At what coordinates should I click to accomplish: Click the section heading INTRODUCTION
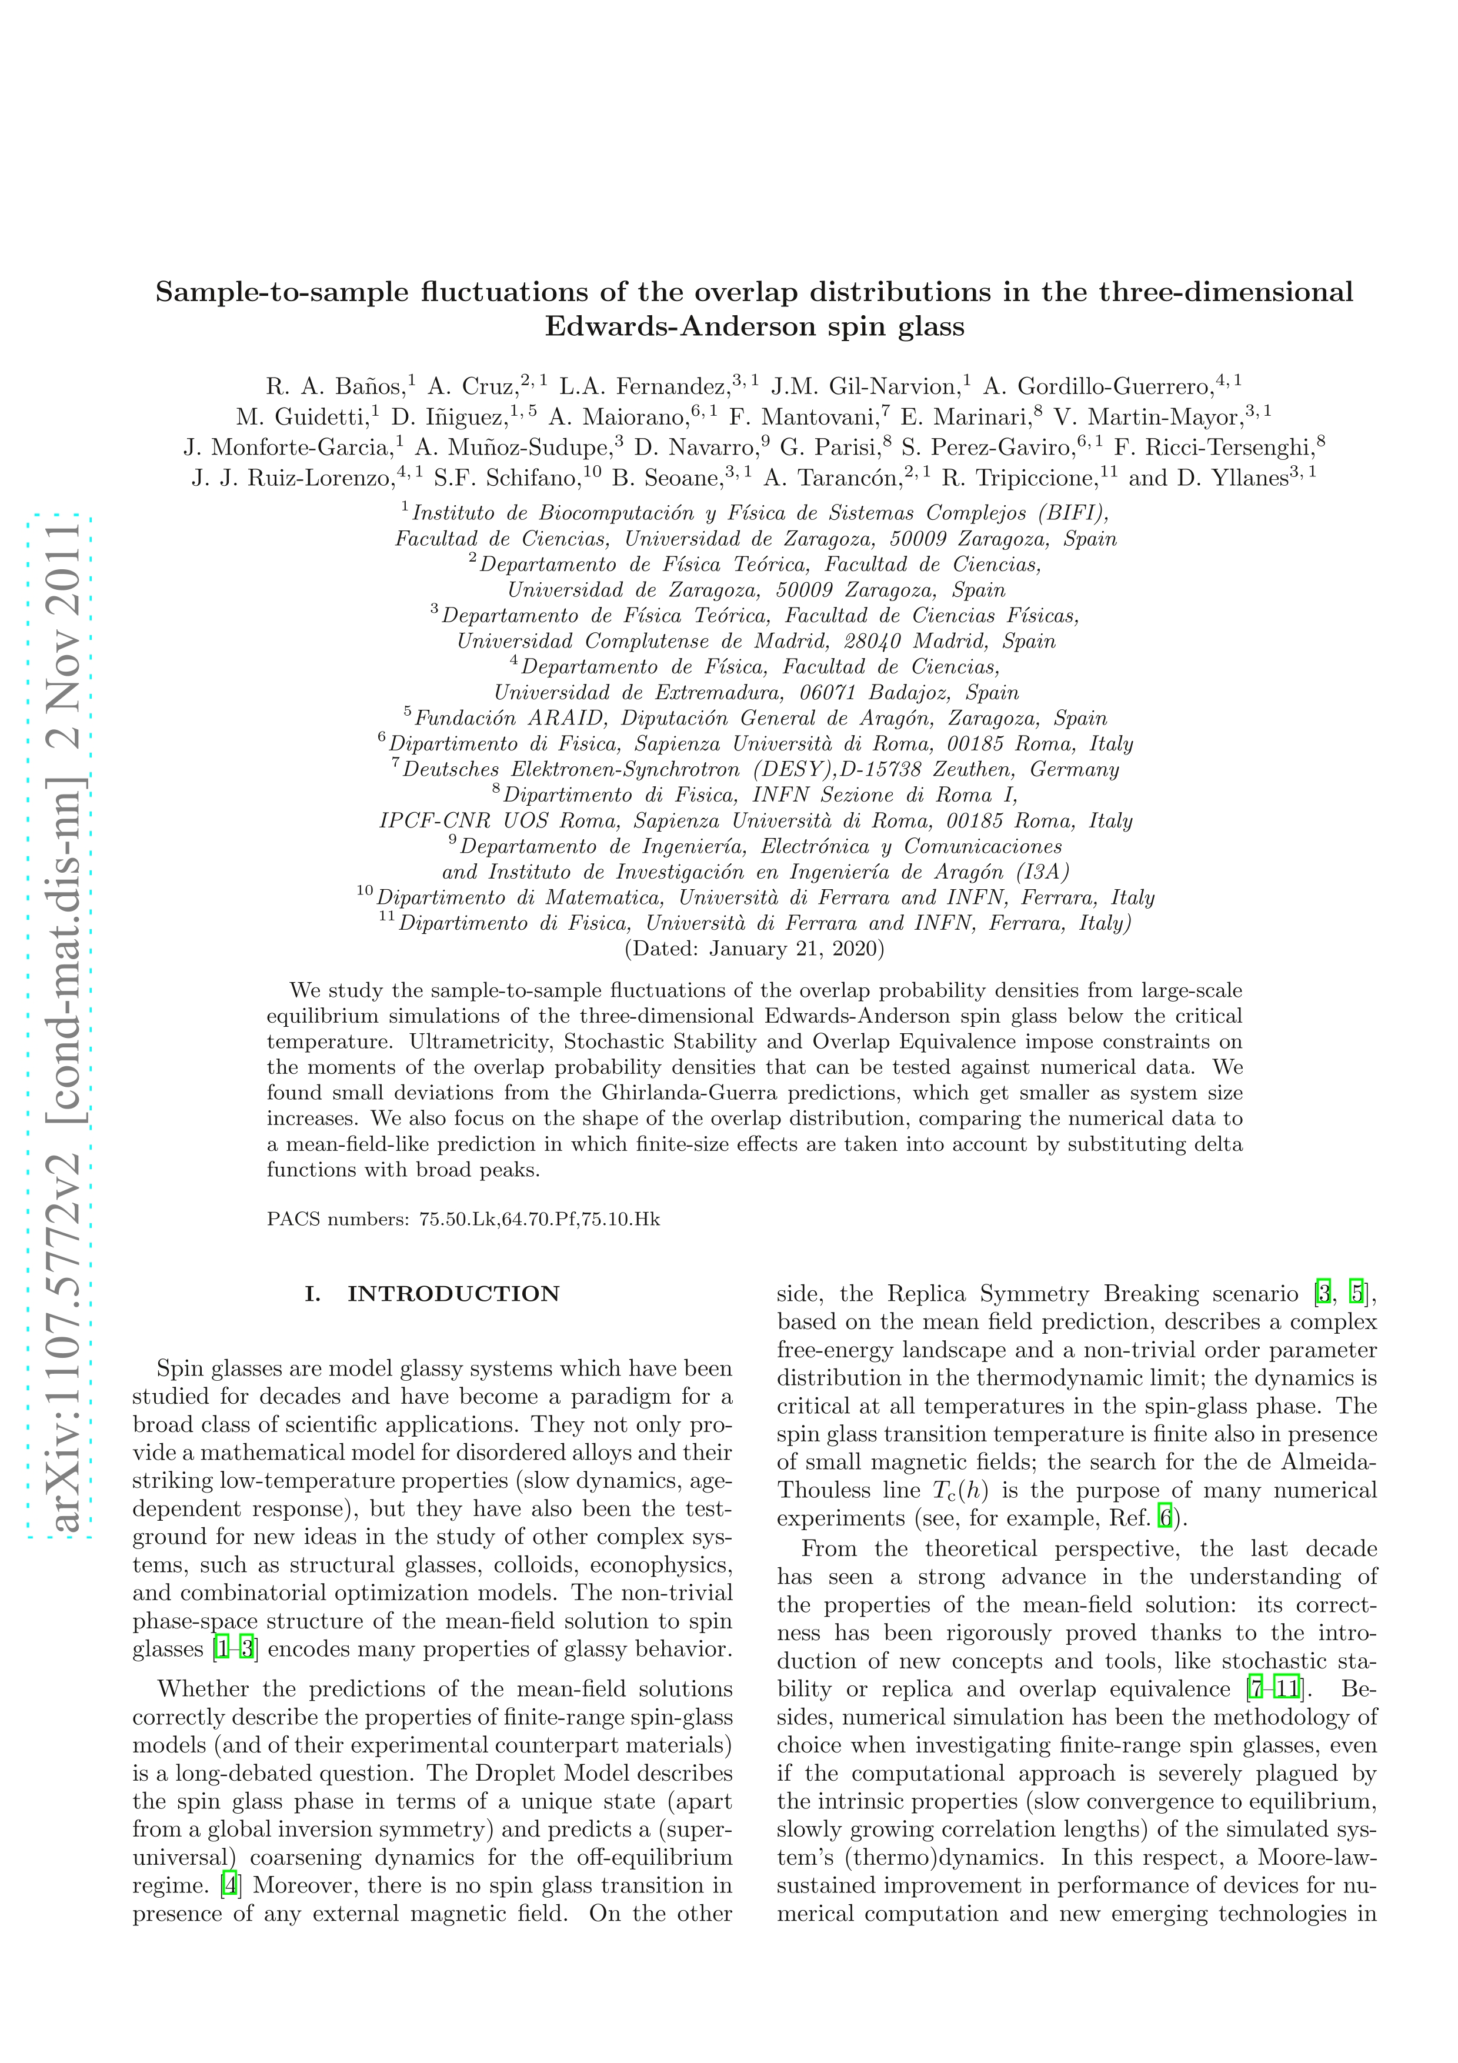[x=453, y=1294]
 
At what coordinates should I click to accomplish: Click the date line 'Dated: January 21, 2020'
[x=755, y=948]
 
